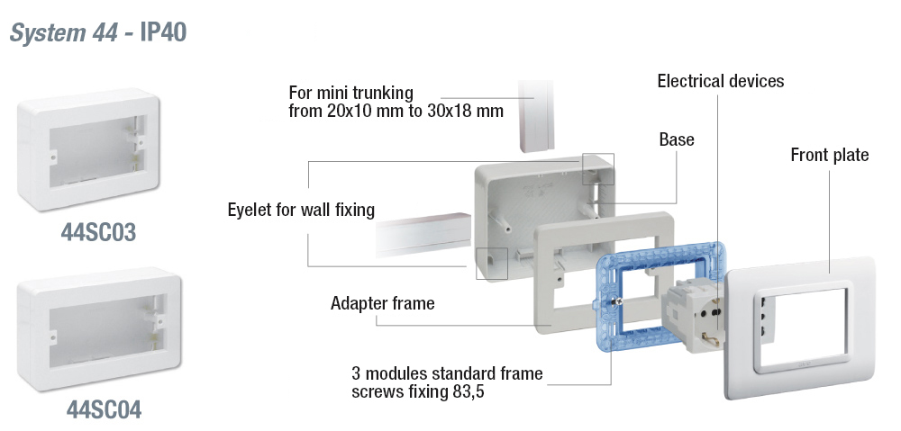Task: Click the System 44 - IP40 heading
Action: point(97,33)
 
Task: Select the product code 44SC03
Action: point(98,233)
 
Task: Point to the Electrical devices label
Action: point(720,82)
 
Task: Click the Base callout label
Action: point(677,139)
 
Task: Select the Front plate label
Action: point(829,156)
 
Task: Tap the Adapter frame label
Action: point(382,303)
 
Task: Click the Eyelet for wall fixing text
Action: point(301,211)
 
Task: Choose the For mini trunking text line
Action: point(350,93)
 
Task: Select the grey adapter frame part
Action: point(559,310)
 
